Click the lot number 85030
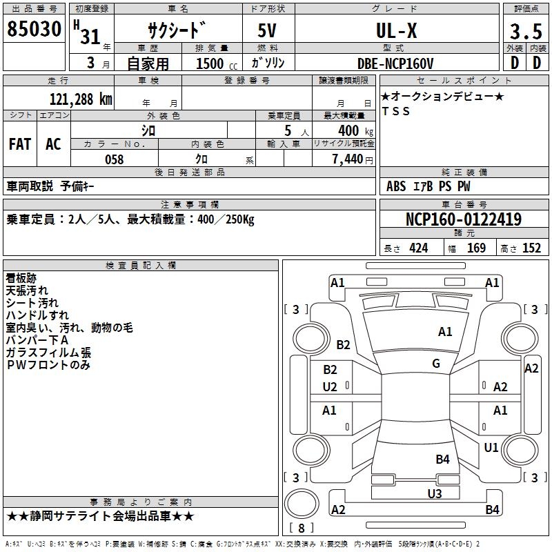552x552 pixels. (x=34, y=30)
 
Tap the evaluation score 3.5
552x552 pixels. (x=525, y=32)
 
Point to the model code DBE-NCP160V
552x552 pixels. (x=395, y=63)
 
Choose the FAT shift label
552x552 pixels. (x=20, y=144)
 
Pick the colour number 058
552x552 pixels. (x=114, y=159)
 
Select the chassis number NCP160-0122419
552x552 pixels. (x=463, y=219)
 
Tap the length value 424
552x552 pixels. (x=418, y=248)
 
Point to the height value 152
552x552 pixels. (x=531, y=248)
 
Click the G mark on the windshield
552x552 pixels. (x=436, y=364)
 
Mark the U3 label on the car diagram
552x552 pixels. (x=434, y=493)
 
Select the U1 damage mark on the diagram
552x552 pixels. (x=491, y=448)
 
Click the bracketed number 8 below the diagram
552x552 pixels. (x=301, y=529)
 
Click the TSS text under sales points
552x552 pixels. (x=395, y=112)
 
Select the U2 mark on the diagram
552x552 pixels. (x=330, y=386)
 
